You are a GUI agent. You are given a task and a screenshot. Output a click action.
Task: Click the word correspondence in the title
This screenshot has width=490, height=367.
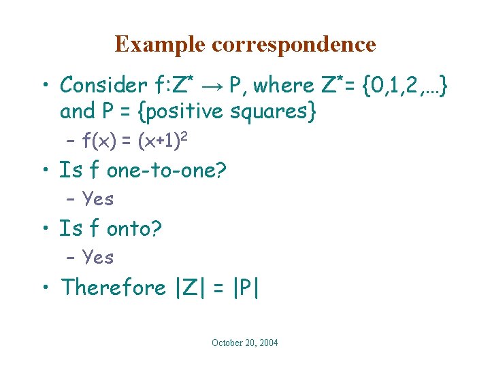(294, 45)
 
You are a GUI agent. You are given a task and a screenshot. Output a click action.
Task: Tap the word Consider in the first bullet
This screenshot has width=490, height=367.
(103, 85)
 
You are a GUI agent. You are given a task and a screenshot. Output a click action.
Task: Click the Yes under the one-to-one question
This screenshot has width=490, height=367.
(97, 199)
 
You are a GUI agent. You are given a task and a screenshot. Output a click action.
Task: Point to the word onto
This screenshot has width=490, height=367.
(133, 228)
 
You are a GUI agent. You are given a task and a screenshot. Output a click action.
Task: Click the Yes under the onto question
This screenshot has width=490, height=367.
(97, 257)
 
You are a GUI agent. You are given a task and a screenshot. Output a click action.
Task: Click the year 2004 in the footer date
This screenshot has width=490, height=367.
(267, 343)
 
